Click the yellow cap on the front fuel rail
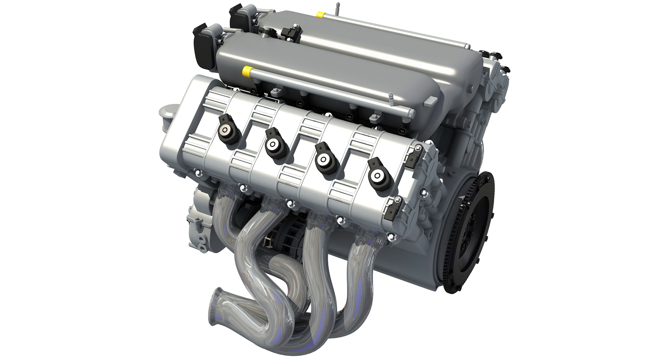click(247, 71)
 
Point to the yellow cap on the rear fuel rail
click(320, 14)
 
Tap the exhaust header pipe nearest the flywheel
click(361, 279)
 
